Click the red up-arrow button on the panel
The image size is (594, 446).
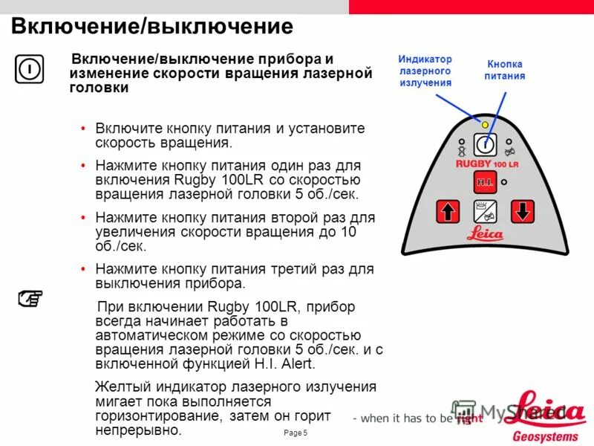447,212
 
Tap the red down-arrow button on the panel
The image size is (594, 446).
523,212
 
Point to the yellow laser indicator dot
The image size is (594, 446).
485,125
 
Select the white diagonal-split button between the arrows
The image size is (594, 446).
485,212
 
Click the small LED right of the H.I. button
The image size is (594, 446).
504,181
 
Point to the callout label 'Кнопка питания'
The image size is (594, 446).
505,70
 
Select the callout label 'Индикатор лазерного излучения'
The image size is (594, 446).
425,71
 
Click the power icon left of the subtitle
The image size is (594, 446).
29,69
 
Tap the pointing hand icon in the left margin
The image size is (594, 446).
30,299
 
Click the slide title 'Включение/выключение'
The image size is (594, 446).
151,27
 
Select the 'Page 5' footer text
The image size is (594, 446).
296,433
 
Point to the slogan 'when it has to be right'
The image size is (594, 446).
417,418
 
